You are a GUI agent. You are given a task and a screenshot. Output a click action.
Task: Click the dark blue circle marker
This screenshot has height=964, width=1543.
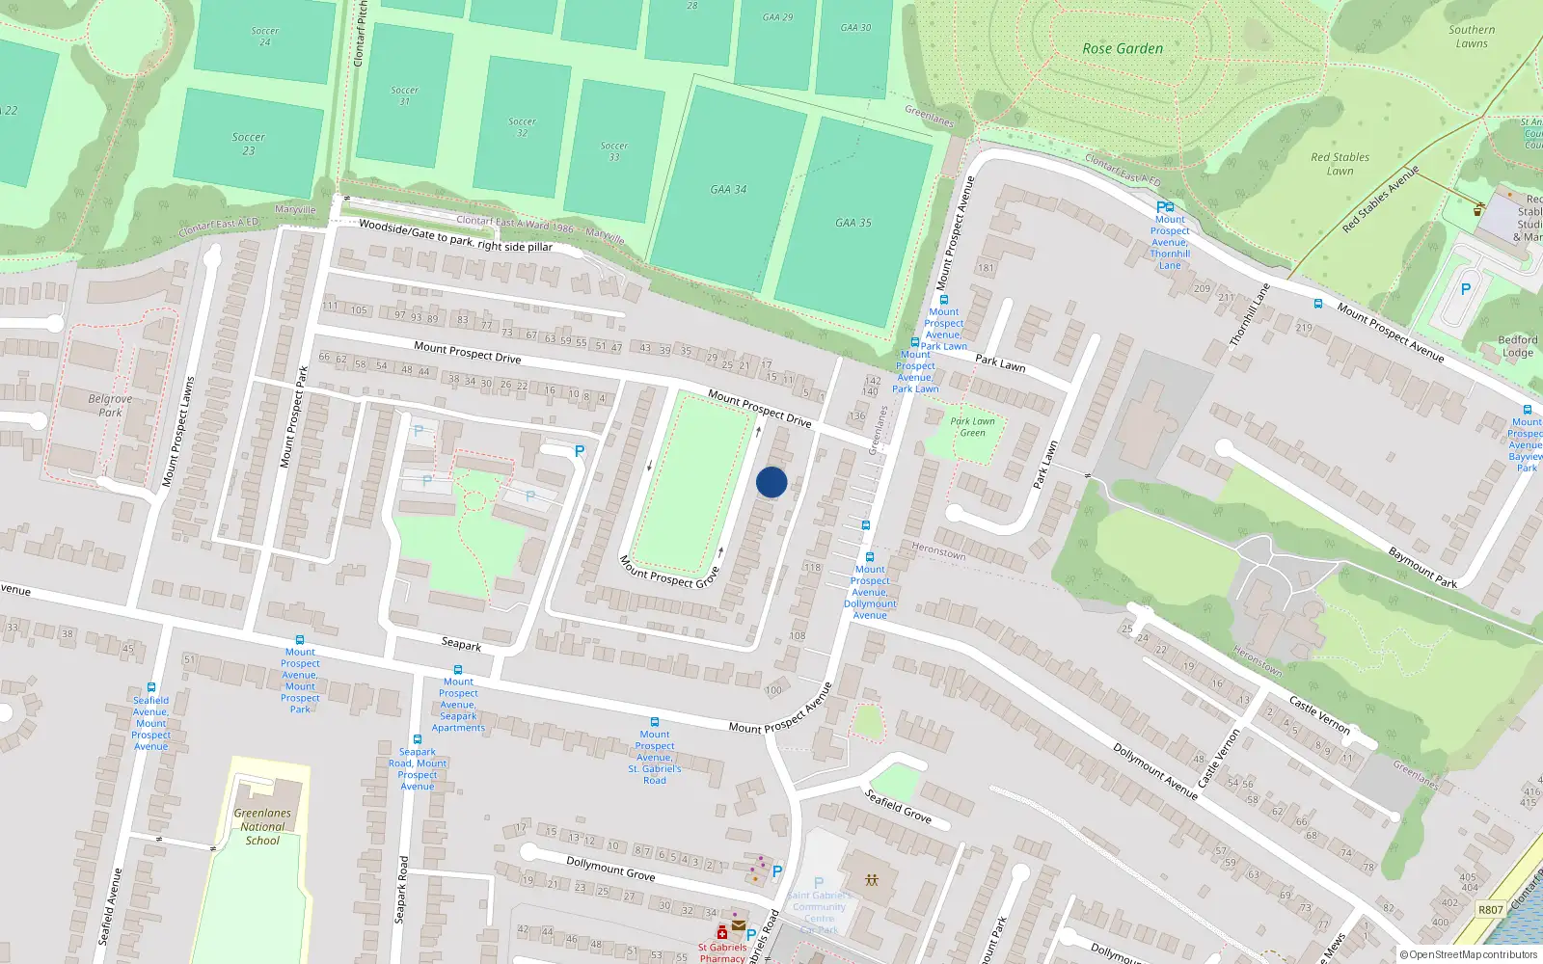click(x=771, y=482)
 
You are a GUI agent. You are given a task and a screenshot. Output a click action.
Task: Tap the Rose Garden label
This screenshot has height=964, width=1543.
click(x=1123, y=48)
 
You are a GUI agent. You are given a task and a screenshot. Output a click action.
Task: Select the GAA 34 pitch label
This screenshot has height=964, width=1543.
click(x=728, y=190)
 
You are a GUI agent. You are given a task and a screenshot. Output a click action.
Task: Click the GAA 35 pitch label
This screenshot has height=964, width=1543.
click(x=853, y=223)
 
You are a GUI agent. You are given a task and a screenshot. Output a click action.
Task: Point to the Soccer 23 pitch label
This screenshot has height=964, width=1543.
click(x=248, y=144)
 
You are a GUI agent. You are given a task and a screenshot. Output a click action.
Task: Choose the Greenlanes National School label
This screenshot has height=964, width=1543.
click(x=262, y=826)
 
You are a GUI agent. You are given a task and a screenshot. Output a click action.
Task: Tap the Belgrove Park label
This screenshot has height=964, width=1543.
click(x=110, y=406)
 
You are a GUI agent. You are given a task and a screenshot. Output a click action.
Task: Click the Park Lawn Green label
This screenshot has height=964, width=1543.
click(x=972, y=427)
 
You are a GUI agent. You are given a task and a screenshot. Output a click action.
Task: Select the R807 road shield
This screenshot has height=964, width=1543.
click(x=1490, y=909)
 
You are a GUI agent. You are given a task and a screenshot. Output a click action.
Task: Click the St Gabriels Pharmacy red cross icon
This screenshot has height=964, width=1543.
click(x=721, y=932)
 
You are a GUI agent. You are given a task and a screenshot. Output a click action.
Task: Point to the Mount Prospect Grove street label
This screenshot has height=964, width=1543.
click(x=669, y=572)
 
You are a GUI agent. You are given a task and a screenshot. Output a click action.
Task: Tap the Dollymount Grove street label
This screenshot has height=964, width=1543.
click(x=610, y=869)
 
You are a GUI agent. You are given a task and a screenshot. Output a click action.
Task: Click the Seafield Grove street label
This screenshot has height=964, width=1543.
click(x=898, y=806)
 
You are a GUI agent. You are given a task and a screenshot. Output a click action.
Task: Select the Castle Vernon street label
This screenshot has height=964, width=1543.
click(x=1320, y=714)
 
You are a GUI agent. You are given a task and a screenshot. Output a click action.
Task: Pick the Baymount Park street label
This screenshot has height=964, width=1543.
click(x=1422, y=567)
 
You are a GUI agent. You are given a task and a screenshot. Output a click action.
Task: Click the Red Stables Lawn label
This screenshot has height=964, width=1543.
click(x=1340, y=164)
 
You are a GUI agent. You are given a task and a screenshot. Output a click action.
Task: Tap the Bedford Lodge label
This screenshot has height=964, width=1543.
click(x=1517, y=346)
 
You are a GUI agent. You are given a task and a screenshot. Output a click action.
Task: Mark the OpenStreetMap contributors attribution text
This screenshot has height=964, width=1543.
click(x=1468, y=954)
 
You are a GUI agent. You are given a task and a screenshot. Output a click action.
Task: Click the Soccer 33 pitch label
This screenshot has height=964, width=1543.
click(x=614, y=151)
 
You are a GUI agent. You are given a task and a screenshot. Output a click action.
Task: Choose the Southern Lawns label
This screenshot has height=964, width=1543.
click(x=1472, y=37)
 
